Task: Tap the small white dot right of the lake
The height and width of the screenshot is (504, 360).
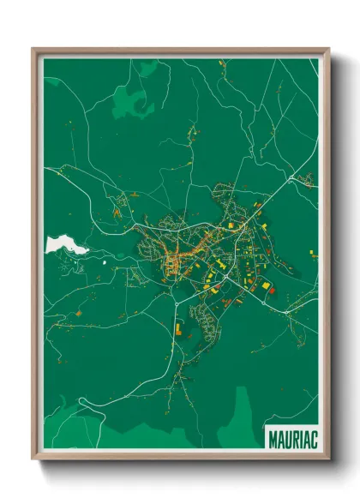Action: click(105, 264)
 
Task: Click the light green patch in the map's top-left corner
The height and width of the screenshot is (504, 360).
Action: click(53, 82)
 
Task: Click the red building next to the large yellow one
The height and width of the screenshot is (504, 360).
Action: click(273, 291)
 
